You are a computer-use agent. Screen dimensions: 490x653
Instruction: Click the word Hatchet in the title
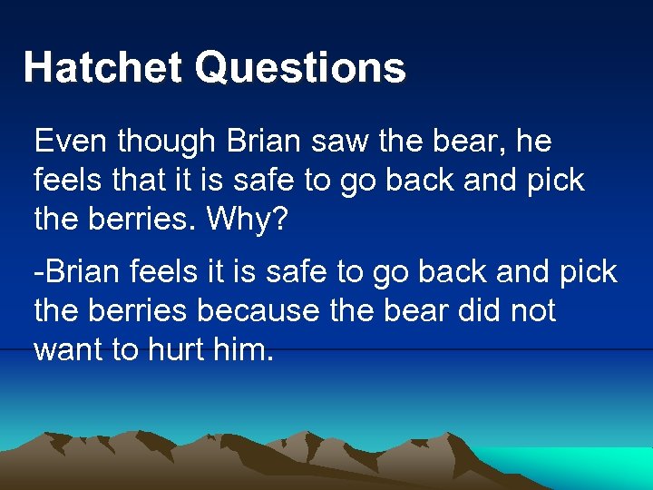tap(102, 68)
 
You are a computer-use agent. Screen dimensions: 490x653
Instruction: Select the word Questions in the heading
tap(300, 68)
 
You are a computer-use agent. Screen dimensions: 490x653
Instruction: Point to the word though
tap(167, 142)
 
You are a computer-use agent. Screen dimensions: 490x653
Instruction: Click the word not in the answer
tap(533, 310)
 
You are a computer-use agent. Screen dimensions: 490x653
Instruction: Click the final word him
tap(243, 349)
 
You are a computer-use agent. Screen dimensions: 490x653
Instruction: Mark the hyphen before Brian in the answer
tap(38, 272)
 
